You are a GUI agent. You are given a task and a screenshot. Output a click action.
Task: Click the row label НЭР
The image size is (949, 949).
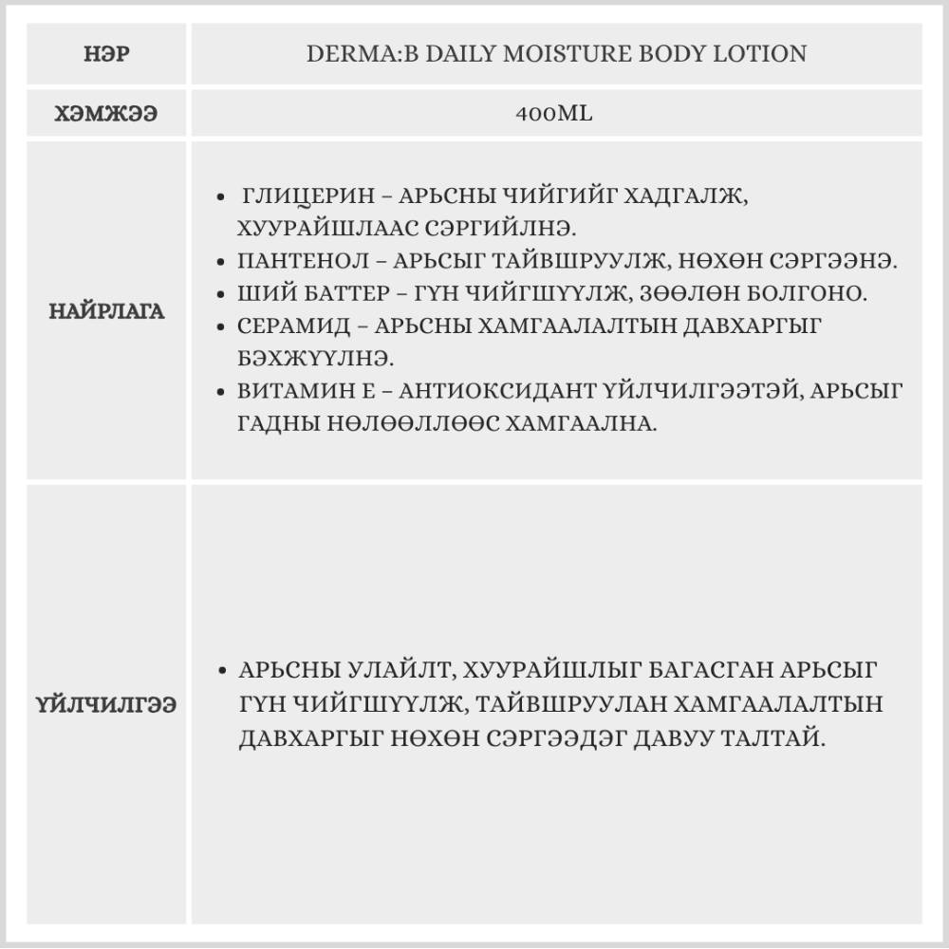pos(108,54)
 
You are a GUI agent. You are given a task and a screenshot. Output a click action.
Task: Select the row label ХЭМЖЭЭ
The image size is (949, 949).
pos(108,114)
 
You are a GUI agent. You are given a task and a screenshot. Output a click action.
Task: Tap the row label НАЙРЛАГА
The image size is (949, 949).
pos(108,311)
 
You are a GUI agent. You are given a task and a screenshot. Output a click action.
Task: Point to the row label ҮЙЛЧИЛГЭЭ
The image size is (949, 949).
pos(108,705)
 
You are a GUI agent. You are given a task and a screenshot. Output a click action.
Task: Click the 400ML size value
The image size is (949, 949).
pos(555,114)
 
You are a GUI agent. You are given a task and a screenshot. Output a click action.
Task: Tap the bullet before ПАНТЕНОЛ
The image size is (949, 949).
pos(221,261)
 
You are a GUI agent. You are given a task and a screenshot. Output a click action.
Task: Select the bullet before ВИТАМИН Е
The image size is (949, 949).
pos(221,391)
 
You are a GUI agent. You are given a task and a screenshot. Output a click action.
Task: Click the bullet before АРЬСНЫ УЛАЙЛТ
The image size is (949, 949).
pos(221,671)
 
